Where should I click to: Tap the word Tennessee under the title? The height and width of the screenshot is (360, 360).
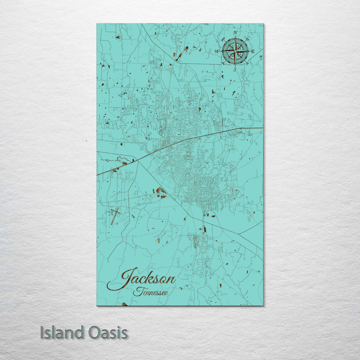[x=150, y=292]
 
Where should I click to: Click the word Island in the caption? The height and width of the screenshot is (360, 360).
[x=62, y=333]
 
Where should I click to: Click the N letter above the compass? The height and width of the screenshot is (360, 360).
[x=235, y=33]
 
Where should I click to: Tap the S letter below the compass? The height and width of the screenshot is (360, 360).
[x=235, y=69]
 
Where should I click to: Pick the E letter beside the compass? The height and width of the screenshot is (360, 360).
[x=253, y=51]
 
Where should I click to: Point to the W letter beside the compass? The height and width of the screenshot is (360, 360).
[x=217, y=51]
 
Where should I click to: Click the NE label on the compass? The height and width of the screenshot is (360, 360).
[x=247, y=39]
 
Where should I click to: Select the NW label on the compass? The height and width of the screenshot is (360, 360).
[x=223, y=39]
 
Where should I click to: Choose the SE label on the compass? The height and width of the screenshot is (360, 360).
[x=247, y=63]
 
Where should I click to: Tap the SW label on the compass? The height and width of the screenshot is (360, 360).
[x=223, y=63]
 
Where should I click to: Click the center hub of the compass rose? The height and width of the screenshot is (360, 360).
[x=235, y=51]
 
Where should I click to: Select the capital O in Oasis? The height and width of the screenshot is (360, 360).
[x=95, y=333]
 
